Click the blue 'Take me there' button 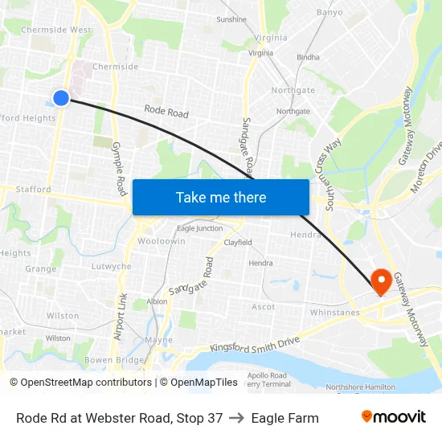click(x=220, y=197)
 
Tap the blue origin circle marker click(x=61, y=98)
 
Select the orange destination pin click(x=379, y=280)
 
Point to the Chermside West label click(x=56, y=30)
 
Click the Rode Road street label click(x=166, y=113)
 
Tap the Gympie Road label click(x=119, y=169)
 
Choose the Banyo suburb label click(x=329, y=13)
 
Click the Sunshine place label click(x=231, y=18)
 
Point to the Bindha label click(x=308, y=58)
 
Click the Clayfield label click(x=238, y=242)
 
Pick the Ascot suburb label click(x=264, y=307)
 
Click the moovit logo click(x=393, y=417)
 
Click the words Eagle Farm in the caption click(x=284, y=418)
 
